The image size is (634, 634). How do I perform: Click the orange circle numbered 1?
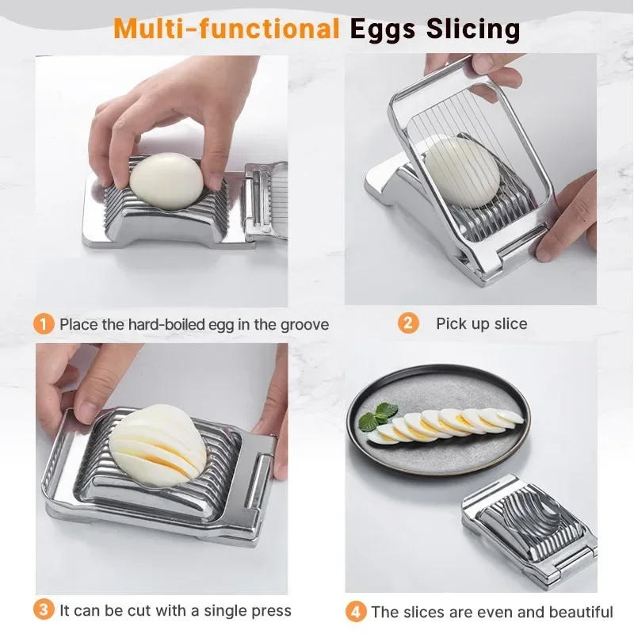(44, 323)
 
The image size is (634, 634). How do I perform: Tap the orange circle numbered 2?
(408, 323)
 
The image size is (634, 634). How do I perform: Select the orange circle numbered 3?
(44, 610)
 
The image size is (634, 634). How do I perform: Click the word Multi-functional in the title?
(226, 29)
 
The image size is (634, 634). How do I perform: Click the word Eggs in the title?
(384, 29)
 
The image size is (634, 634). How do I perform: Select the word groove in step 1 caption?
(302, 324)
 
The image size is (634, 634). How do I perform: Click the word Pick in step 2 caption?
(451, 323)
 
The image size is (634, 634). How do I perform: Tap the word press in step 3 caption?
(271, 611)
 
